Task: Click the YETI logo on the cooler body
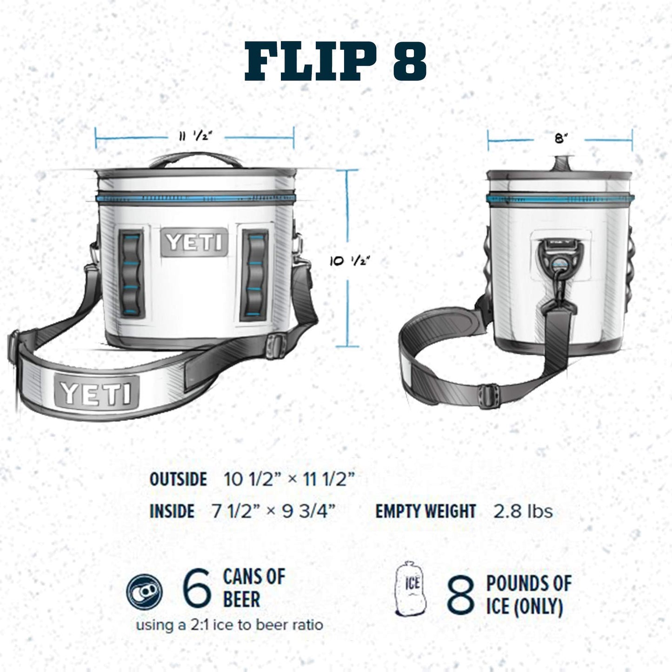(194, 242)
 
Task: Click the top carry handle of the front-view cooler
(194, 160)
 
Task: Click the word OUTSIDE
(178, 479)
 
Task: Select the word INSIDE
(172, 512)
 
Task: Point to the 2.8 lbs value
(523, 512)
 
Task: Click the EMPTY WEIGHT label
(426, 512)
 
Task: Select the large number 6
(197, 590)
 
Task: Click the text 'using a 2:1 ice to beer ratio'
(229, 625)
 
